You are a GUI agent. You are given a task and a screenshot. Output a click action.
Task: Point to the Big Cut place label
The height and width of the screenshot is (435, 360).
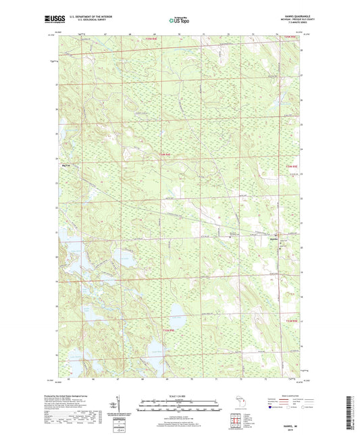coord(66,163)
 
